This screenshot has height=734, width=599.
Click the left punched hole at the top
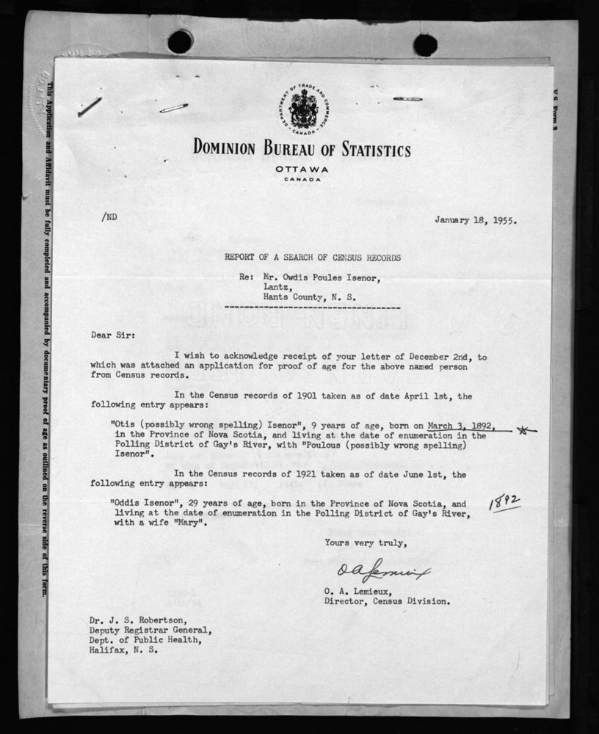(x=180, y=41)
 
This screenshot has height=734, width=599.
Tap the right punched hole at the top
(x=424, y=45)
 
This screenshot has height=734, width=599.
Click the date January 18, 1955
(x=475, y=219)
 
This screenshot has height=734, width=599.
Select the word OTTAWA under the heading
(x=301, y=170)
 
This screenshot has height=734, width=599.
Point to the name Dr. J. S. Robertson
(x=125, y=619)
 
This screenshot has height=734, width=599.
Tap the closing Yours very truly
(x=357, y=542)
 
